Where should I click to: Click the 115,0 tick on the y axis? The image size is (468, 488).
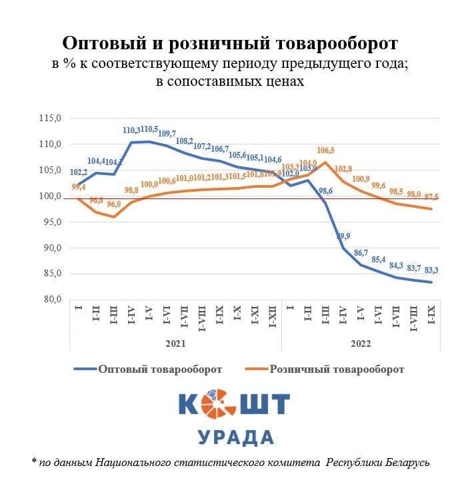click(x=51, y=119)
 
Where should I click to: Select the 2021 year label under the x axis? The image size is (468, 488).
click(x=175, y=343)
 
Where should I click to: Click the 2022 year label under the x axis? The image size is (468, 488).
click(x=360, y=343)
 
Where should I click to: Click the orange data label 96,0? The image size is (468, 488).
click(x=114, y=204)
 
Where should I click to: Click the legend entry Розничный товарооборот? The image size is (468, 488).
click(x=337, y=369)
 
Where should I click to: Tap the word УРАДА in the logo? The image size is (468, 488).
click(x=235, y=437)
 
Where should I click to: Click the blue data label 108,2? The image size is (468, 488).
click(x=184, y=141)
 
